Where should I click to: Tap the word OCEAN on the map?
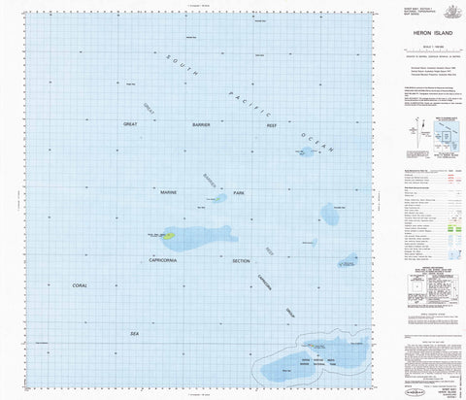[316, 140]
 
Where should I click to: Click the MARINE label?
[168, 193]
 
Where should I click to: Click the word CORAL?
[81, 285]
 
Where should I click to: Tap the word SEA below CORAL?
[135, 332]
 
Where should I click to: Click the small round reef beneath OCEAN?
[307, 153]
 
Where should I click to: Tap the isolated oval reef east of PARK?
[331, 215]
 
